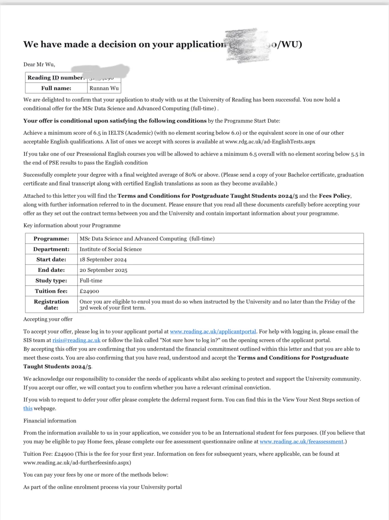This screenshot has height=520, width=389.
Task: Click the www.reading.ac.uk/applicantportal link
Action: tap(213, 331)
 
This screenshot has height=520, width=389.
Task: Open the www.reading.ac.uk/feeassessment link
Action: tap(301, 441)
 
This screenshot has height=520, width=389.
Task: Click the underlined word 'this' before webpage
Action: tap(28, 408)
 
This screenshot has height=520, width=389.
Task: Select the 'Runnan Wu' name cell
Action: tap(104, 88)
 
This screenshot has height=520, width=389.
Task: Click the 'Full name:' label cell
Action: tap(56, 88)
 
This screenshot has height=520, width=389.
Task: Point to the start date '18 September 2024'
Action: tap(103, 260)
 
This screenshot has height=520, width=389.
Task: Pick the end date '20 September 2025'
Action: tap(103, 270)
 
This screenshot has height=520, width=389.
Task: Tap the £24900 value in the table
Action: tap(89, 291)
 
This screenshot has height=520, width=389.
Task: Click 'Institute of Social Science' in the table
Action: tap(111, 249)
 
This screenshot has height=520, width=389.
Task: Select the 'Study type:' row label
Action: tap(51, 281)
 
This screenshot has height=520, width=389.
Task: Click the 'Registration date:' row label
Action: tap(51, 305)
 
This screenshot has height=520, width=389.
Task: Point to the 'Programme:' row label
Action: tap(51, 239)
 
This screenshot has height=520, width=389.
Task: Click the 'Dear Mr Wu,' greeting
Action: tap(39, 64)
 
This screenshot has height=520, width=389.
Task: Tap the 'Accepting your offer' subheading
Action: tap(48, 319)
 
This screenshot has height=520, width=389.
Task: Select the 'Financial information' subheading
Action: tap(50, 421)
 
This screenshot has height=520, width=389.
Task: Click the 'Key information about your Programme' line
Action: tap(72, 225)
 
